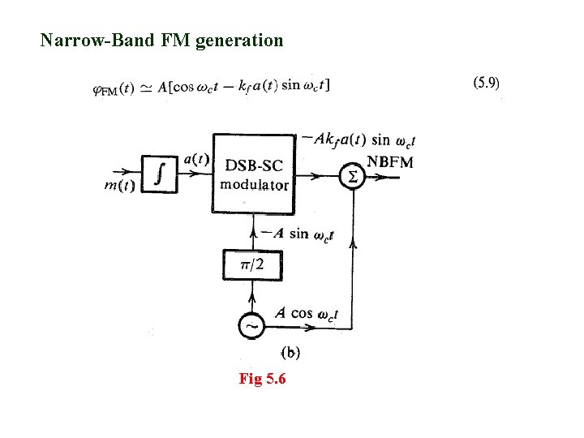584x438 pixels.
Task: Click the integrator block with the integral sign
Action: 163,174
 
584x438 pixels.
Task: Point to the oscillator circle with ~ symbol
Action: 251,326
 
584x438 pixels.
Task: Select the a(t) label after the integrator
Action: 195,159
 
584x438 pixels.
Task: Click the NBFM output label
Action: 390,162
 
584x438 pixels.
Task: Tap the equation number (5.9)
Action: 486,82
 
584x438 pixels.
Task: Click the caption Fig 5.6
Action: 262,379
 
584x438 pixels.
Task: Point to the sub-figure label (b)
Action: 290,353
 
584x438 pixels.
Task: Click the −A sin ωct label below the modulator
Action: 299,234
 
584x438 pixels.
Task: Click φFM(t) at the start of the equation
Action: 114,88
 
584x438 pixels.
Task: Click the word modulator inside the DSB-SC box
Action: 254,184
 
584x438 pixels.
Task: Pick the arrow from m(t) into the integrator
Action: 130,173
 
